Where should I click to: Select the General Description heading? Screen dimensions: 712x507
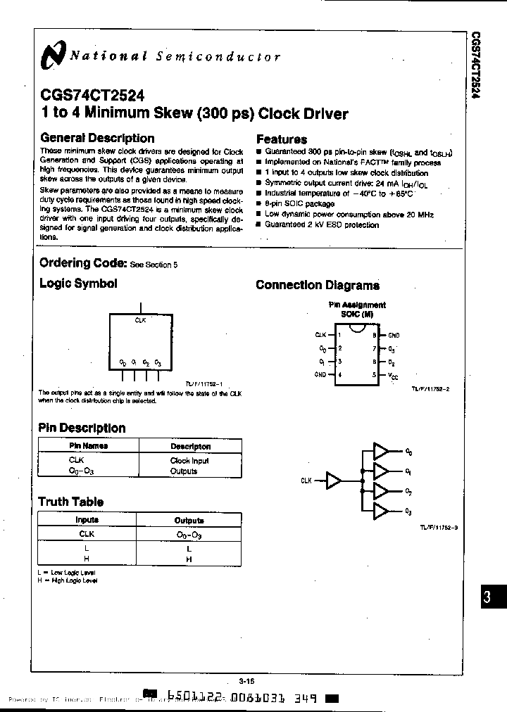point(97,139)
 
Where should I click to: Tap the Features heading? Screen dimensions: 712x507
point(281,139)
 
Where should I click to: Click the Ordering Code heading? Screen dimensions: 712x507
point(82,263)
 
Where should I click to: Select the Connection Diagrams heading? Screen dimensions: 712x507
point(317,285)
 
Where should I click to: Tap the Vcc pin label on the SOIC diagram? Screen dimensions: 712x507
point(393,376)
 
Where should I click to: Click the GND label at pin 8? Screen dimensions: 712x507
point(394,336)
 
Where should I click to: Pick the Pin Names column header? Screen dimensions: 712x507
point(89,446)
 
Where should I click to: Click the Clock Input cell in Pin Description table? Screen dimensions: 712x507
point(189,461)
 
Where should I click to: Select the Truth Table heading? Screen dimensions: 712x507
point(70,502)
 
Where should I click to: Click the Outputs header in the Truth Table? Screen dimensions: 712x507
point(189,521)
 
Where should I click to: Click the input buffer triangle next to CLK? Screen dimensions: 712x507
point(333,480)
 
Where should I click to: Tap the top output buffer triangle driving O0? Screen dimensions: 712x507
point(381,451)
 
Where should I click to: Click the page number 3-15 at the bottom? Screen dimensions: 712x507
point(246,681)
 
